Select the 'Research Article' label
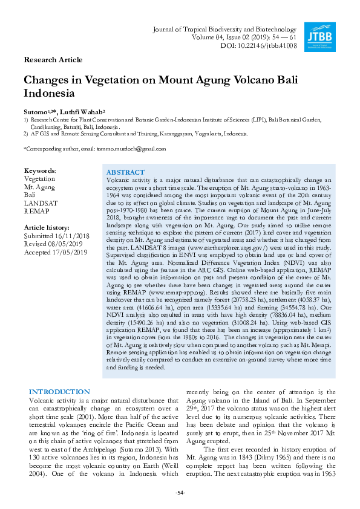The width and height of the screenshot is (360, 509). [53, 60]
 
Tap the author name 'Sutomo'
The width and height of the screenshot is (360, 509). [34, 112]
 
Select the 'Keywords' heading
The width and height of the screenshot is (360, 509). [39, 171]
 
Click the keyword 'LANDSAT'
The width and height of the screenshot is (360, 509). [41, 204]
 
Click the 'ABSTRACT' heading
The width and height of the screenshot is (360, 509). [125, 172]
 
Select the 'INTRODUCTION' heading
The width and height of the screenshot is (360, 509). [59, 392]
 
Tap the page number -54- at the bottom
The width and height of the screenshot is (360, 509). [180, 493]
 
